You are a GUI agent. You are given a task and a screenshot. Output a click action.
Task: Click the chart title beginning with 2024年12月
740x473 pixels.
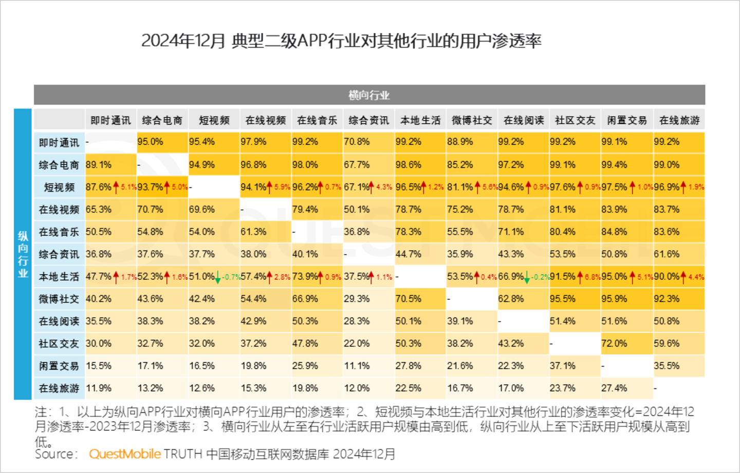pos(341,41)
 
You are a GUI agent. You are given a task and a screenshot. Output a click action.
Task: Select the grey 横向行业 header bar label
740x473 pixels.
pos(369,95)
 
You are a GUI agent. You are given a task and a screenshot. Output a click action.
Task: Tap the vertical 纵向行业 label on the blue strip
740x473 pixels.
pos(23,254)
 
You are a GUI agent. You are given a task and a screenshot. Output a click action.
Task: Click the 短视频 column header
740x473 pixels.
pos(214,120)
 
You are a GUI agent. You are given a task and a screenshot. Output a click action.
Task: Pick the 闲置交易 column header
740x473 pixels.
pos(626,120)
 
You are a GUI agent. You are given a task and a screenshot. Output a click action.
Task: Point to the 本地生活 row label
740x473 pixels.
pos(59,277)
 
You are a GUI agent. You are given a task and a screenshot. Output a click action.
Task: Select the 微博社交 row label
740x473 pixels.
pos(59,299)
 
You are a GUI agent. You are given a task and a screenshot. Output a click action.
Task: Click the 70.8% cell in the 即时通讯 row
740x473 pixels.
pos(357,142)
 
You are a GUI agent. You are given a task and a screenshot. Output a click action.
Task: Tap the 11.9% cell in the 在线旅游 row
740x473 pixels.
pos(99,388)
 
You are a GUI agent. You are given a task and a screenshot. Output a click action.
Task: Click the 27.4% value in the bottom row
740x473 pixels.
pos(614,388)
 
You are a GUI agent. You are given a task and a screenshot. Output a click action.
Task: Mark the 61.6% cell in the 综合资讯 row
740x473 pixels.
pos(667,254)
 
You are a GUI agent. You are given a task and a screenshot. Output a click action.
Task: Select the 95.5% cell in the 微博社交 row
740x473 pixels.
pos(562,299)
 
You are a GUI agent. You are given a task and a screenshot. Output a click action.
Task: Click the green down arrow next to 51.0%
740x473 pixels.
pos(218,277)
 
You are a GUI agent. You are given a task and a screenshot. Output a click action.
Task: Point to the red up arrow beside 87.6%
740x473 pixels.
pos(116,187)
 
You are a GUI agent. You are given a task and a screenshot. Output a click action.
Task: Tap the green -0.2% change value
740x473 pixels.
pos(540,277)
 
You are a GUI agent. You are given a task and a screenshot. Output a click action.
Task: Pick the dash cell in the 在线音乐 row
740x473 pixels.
pos(294,232)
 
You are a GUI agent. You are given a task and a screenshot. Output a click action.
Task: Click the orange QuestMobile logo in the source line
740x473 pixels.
pos(125,454)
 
